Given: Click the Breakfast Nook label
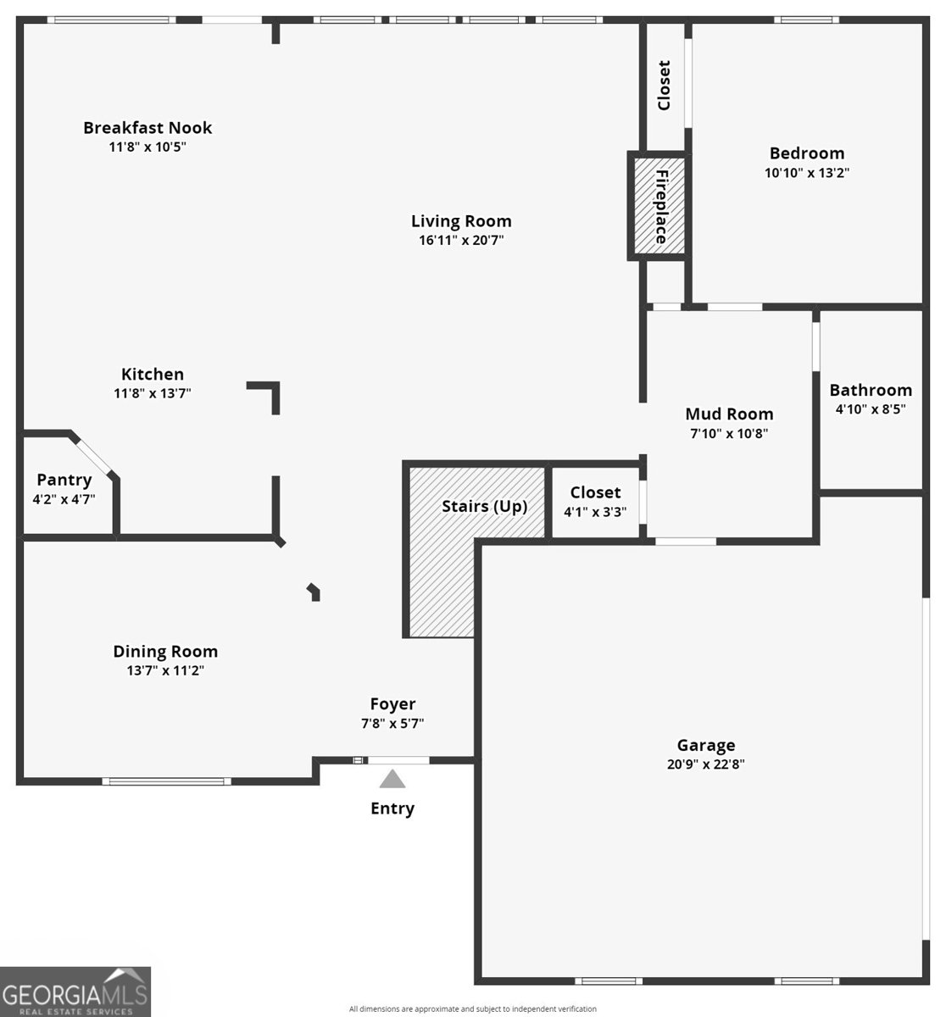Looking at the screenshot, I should (147, 128).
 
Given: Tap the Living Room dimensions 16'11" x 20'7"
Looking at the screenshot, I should (461, 240).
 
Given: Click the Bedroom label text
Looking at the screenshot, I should (807, 153).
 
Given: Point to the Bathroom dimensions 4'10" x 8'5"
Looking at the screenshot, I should (871, 408).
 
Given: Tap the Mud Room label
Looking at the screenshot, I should (729, 414).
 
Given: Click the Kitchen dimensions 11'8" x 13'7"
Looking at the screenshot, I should (153, 393).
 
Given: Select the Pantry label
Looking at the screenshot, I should (64, 480).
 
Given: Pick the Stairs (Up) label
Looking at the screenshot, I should (484, 507).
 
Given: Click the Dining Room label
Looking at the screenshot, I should (165, 652).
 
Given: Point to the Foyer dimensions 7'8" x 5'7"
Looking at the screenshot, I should (392, 724).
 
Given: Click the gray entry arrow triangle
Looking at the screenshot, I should (392, 779).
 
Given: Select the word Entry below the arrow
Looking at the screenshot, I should (392, 809).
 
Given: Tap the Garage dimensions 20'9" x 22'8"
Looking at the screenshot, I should (705, 764).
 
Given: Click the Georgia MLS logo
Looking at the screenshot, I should (75, 992).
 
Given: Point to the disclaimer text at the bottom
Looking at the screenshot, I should (472, 1009).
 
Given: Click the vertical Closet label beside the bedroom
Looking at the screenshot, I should (665, 85).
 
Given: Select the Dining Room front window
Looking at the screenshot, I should (166, 781).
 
